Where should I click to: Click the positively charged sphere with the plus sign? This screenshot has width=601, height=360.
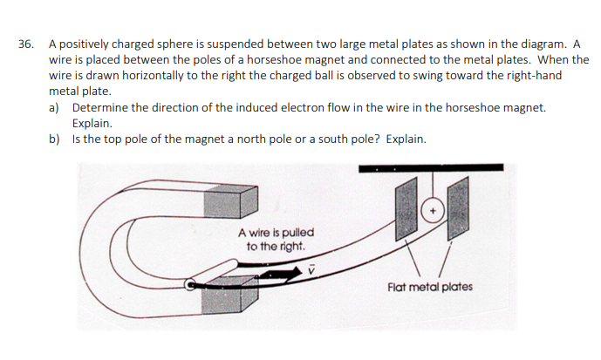(434, 211)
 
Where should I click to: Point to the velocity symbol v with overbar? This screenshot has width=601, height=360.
(308, 270)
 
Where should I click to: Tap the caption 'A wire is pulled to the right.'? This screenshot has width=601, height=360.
(276, 240)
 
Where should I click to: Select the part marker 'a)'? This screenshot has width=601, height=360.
(55, 107)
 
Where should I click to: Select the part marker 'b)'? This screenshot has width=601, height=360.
(55, 139)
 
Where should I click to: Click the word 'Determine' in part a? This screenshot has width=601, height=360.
(103, 107)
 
